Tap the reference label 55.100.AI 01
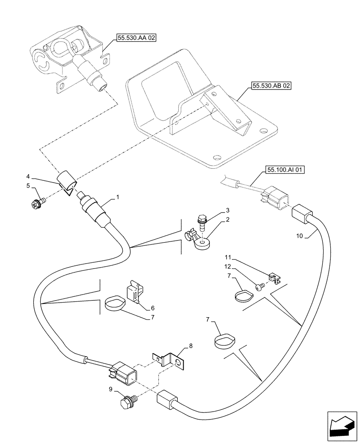pyautogui.click(x=286, y=169)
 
